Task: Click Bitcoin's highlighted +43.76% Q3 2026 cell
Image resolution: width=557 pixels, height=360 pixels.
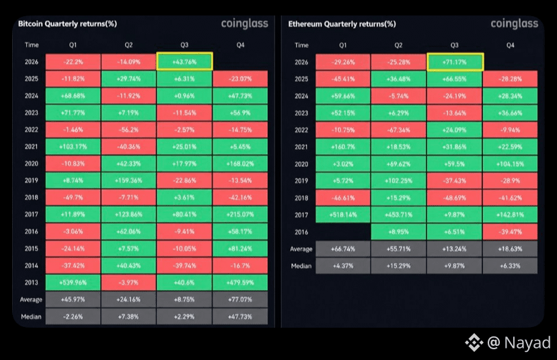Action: coord(184,61)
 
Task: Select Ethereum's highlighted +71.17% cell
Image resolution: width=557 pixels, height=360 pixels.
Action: coord(455,62)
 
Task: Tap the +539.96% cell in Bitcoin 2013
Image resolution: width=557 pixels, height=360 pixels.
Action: coord(73,283)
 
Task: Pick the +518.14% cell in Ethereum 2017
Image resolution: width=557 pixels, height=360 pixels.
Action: coord(343,215)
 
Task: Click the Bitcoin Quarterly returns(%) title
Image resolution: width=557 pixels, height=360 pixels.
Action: coord(67,24)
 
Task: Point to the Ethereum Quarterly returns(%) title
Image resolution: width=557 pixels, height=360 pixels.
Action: coord(342,24)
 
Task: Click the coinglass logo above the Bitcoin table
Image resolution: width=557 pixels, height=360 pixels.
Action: coord(244,24)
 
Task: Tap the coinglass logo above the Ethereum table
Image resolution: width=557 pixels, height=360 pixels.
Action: coord(515,24)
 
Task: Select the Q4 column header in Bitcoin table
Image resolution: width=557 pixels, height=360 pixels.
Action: coord(240,45)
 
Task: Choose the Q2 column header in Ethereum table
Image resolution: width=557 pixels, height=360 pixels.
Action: coord(398,45)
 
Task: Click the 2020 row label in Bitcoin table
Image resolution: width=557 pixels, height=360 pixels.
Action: coord(31,164)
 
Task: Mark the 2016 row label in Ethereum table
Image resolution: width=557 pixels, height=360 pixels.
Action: coord(301,232)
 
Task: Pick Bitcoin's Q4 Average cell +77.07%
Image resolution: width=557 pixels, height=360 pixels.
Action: coord(240,299)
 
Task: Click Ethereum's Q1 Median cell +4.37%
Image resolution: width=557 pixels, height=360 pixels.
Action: coord(343,266)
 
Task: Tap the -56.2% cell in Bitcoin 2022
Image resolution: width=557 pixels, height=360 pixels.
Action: coord(128,130)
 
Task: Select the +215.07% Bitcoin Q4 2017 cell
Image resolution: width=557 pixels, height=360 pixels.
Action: coord(240,214)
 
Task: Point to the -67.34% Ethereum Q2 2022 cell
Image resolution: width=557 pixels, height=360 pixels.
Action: coord(398,130)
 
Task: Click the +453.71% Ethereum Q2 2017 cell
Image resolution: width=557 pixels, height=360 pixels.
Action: coord(398,215)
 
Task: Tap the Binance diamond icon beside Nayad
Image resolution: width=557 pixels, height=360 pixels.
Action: coord(474,343)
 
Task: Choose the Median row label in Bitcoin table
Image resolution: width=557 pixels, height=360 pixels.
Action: coord(31,317)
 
